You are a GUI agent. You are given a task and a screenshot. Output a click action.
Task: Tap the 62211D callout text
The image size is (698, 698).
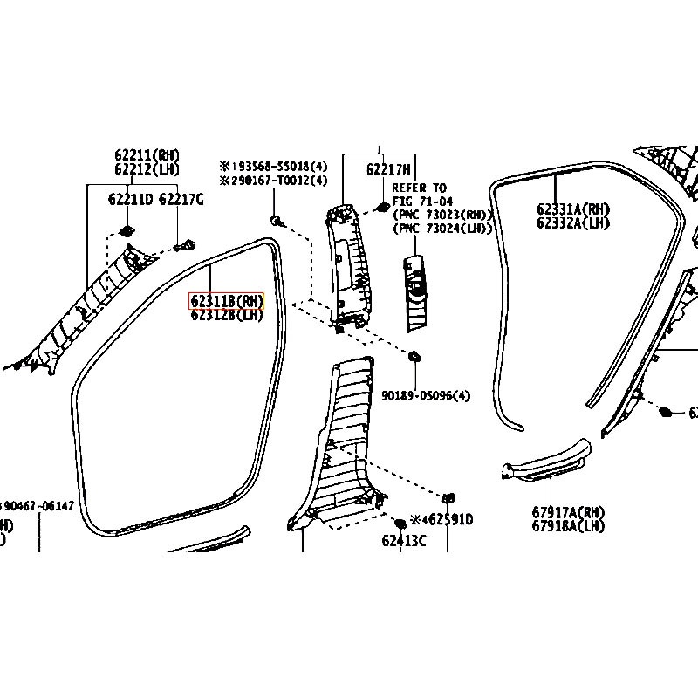[129, 200]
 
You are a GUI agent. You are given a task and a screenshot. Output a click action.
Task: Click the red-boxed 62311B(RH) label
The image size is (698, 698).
[226, 302]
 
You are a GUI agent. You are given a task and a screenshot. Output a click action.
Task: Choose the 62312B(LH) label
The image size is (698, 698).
[226, 316]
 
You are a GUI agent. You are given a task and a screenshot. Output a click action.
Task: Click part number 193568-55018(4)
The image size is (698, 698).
[277, 166]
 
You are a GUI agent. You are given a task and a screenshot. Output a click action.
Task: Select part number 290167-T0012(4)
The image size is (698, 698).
[277, 181]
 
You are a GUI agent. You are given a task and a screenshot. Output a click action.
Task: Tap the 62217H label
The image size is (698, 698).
[388, 170]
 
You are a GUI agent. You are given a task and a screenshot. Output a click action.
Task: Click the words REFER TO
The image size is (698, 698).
[419, 188]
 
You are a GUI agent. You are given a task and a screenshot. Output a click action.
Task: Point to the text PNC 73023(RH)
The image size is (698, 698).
[444, 215]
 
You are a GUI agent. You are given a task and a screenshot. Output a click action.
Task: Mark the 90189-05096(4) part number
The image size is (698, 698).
[425, 395]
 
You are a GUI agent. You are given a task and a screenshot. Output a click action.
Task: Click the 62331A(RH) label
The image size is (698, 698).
[573, 209]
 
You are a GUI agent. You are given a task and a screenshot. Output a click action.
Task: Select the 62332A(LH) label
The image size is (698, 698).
[573, 222]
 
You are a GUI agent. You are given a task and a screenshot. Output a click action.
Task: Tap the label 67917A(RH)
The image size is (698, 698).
[568, 513]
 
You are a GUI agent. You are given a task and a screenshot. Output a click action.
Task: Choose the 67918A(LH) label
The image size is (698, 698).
[568, 526]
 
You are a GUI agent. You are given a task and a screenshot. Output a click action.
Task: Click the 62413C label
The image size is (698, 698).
[403, 541]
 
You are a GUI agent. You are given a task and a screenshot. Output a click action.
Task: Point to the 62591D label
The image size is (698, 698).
[447, 520]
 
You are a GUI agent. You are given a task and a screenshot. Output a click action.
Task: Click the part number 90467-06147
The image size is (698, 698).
[42, 506]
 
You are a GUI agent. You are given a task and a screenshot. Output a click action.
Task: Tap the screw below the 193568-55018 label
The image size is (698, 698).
[275, 222]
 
